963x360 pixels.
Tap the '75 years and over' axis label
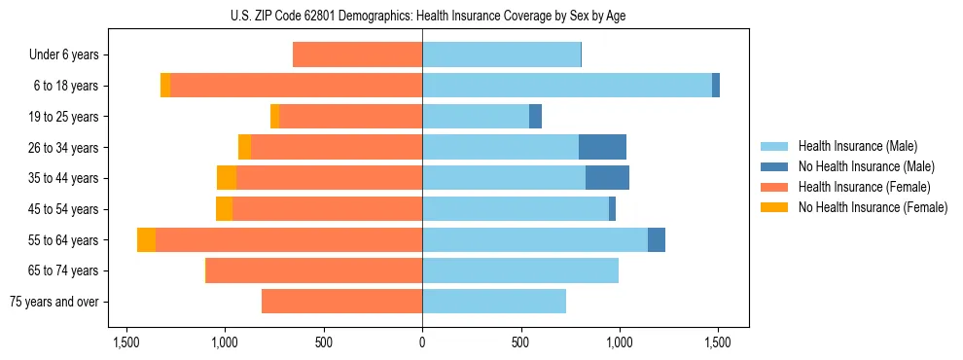tap(53, 302)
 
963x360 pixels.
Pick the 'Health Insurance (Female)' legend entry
tap(864, 187)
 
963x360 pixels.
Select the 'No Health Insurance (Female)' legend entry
tap(873, 207)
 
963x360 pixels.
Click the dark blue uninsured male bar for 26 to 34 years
tap(602, 148)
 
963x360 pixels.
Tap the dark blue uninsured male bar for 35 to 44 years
tap(607, 178)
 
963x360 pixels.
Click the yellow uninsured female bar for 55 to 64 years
tap(146, 240)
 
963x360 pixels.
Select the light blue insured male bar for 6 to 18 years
tap(567, 86)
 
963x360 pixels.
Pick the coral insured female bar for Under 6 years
tap(357, 55)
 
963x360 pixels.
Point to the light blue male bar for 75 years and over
tap(494, 302)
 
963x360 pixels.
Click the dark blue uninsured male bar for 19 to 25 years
tap(535, 117)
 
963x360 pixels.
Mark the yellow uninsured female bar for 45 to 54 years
tap(224, 209)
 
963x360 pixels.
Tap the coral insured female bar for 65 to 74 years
tap(313, 270)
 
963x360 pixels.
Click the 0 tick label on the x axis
tap(422, 342)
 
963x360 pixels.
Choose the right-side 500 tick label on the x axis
tap(520, 342)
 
